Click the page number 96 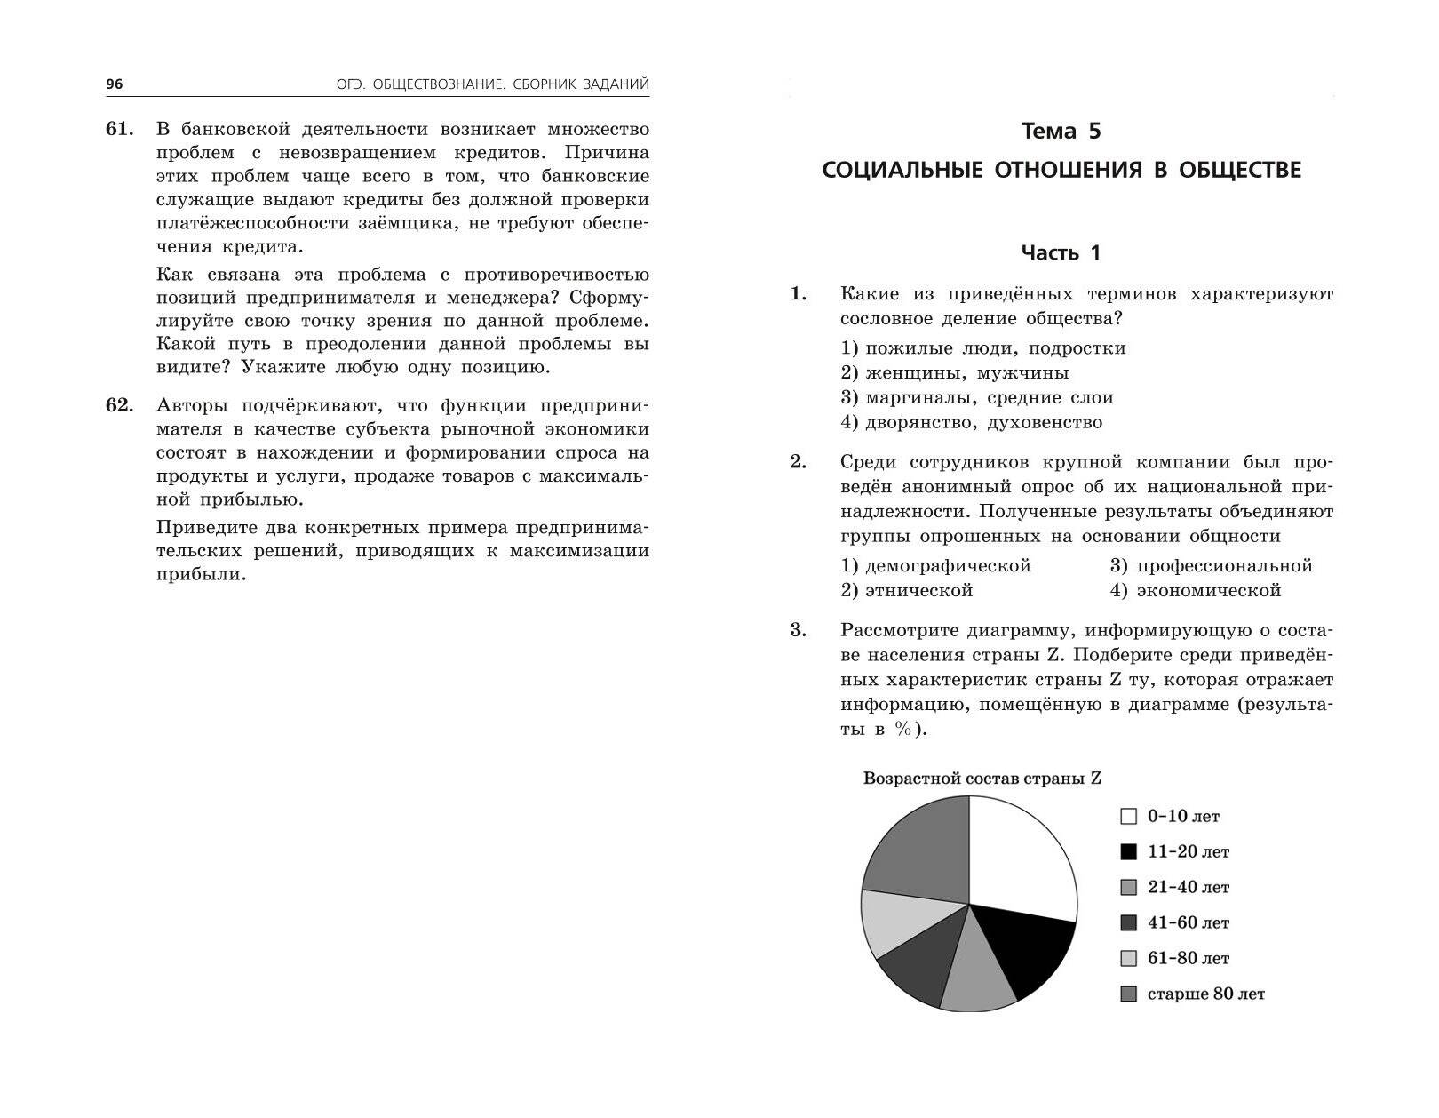(115, 84)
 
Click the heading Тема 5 (1061, 132)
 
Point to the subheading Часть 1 (1061, 253)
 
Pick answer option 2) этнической (906, 591)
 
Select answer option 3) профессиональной (1211, 566)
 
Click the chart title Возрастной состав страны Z (982, 779)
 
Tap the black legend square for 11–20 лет (1129, 851)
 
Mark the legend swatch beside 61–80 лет (1129, 959)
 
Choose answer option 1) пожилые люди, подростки (982, 348)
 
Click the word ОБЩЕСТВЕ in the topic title (1238, 170)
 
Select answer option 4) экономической (1195, 591)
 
